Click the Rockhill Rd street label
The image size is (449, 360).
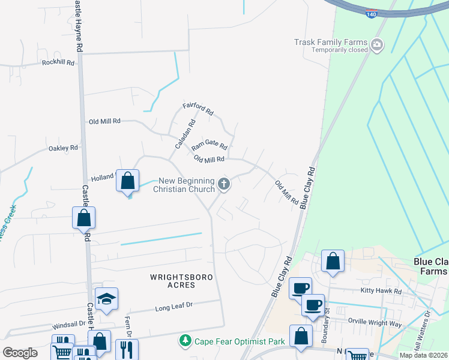click(x=58, y=62)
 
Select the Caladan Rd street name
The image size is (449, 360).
click(x=185, y=136)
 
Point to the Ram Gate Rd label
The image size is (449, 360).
click(x=209, y=146)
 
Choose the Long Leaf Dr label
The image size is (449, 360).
click(x=173, y=307)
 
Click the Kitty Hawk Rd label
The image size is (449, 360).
click(x=381, y=291)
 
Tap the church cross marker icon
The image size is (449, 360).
click(x=224, y=184)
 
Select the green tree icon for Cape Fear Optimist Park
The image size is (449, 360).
click(x=186, y=341)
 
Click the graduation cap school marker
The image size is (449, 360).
click(x=106, y=299)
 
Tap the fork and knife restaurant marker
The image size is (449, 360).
click(x=126, y=349)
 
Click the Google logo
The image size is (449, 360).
click(x=20, y=353)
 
